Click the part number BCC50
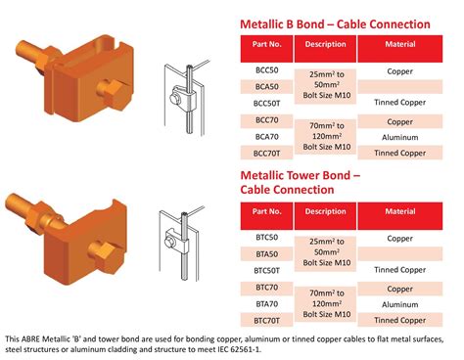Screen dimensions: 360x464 267,71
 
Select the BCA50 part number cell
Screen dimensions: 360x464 267,87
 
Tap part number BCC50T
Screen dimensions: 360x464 267,103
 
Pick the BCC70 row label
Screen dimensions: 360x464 267,121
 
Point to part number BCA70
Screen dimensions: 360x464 267,137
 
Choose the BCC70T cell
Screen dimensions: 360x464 267,153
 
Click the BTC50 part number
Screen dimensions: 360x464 267,238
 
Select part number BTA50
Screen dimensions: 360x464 267,253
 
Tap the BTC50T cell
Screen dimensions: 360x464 267,269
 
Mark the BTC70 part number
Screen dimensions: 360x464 267,288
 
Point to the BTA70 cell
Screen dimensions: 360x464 267,303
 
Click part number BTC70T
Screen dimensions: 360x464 267,319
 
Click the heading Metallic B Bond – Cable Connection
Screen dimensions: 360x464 335,23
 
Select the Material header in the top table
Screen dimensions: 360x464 399,45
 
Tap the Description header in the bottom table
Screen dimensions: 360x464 325,211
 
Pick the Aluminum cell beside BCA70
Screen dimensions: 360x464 399,137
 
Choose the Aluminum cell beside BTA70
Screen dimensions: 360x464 399,303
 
